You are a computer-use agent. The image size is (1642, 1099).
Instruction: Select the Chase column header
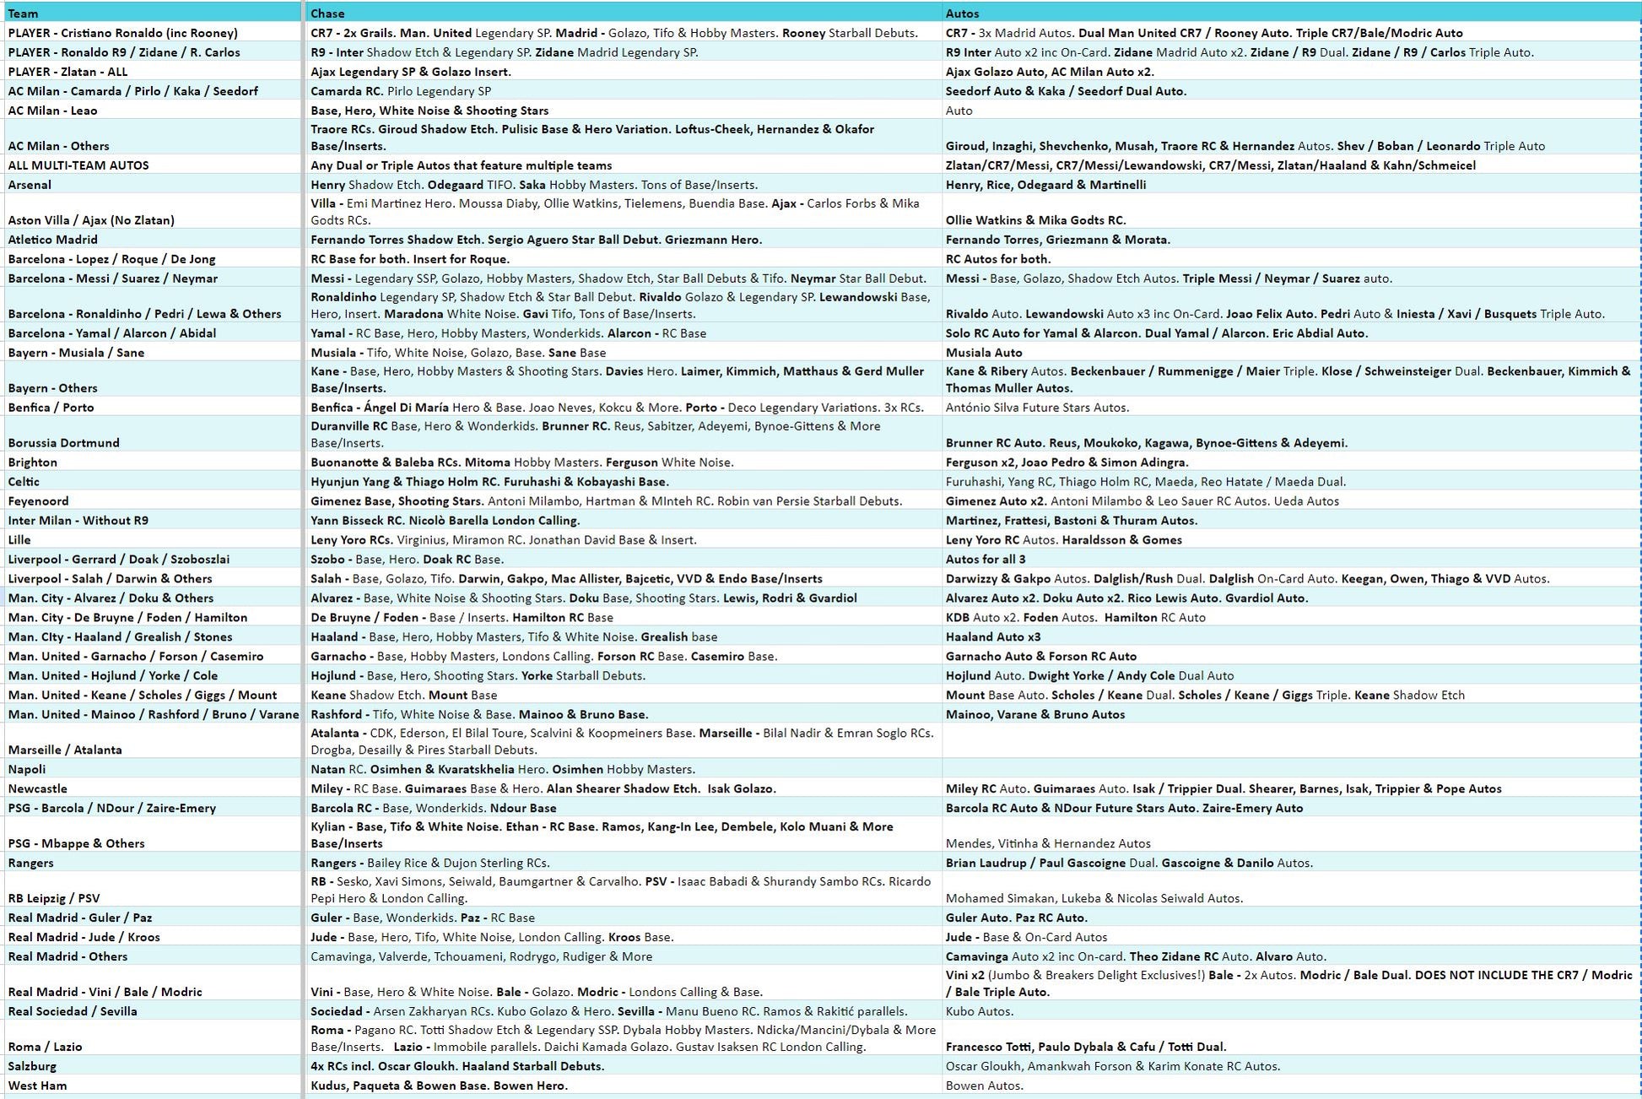click(x=327, y=14)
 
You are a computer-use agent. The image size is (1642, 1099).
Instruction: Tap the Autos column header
click(x=962, y=14)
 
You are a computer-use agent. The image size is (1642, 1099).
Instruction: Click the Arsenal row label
click(x=30, y=185)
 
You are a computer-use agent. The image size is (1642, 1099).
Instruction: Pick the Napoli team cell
click(x=27, y=769)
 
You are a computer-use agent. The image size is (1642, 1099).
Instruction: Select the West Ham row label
click(x=37, y=1085)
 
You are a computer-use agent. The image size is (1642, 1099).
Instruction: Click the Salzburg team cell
click(x=32, y=1066)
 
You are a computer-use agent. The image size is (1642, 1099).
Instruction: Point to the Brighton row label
click(x=33, y=463)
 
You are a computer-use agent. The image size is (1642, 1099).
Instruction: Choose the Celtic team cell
click(x=24, y=482)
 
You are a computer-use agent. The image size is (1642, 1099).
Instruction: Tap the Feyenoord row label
click(x=38, y=501)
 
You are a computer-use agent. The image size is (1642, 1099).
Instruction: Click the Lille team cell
click(x=19, y=540)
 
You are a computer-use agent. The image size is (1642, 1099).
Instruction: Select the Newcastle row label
click(x=37, y=788)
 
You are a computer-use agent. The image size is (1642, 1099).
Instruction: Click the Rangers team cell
click(x=30, y=863)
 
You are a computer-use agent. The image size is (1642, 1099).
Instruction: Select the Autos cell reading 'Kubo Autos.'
click(x=980, y=1011)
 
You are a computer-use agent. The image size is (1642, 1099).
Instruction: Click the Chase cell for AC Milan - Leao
click(x=429, y=111)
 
